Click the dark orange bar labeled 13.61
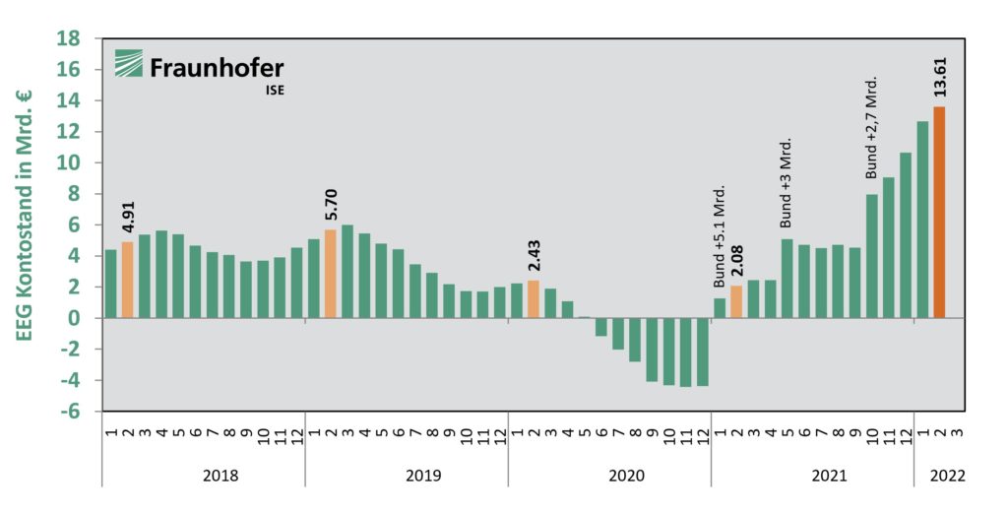(939, 212)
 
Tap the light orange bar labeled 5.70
(330, 274)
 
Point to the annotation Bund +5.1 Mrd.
(719, 236)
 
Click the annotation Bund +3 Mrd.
(787, 183)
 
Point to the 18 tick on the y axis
(69, 38)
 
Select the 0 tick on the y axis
(75, 318)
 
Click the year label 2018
(220, 476)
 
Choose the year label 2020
(626, 476)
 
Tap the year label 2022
(948, 476)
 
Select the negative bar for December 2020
(703, 352)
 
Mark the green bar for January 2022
(922, 220)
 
